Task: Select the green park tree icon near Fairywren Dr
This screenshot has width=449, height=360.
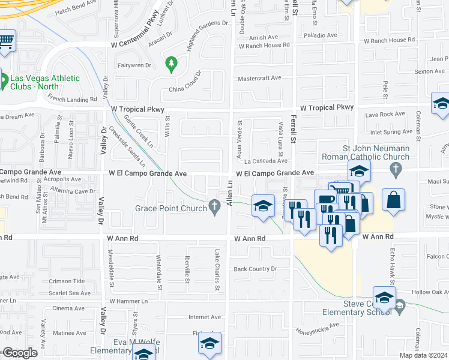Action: tap(172, 63)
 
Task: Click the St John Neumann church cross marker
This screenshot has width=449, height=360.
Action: tap(395, 171)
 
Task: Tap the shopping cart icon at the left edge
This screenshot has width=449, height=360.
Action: tap(6, 41)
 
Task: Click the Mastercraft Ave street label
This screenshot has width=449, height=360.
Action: tap(259, 78)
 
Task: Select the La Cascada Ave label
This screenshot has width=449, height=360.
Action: tap(265, 161)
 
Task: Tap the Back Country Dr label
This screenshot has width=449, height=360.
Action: tap(255, 269)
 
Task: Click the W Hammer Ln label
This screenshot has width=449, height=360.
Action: tap(128, 301)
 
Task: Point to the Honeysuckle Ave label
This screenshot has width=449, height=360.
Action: tap(317, 328)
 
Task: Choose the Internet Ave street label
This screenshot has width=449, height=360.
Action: tap(205, 317)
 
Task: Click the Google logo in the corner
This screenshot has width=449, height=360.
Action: tap(20, 353)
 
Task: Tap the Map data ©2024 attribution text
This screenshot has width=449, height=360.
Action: tap(424, 355)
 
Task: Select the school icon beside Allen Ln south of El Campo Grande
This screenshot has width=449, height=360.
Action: tap(262, 206)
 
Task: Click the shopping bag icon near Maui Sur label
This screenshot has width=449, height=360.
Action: tap(393, 200)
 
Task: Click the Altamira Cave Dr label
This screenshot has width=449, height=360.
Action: tap(73, 191)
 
